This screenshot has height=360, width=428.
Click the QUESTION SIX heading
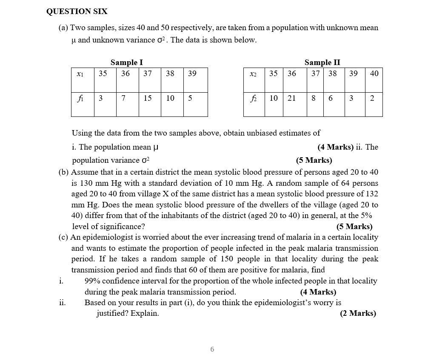77,11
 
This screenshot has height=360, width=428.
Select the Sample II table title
322,62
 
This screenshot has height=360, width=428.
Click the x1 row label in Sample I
80,74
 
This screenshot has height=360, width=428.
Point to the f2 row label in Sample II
253,99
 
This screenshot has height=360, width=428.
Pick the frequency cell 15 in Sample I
147,99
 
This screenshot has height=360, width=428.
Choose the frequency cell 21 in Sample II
291,99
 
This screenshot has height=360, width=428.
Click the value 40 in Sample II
374,74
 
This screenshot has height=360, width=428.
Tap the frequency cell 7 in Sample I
123,99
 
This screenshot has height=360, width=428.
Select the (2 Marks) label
358,314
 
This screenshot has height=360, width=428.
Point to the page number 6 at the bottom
212,349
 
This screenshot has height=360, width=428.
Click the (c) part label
63,237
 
